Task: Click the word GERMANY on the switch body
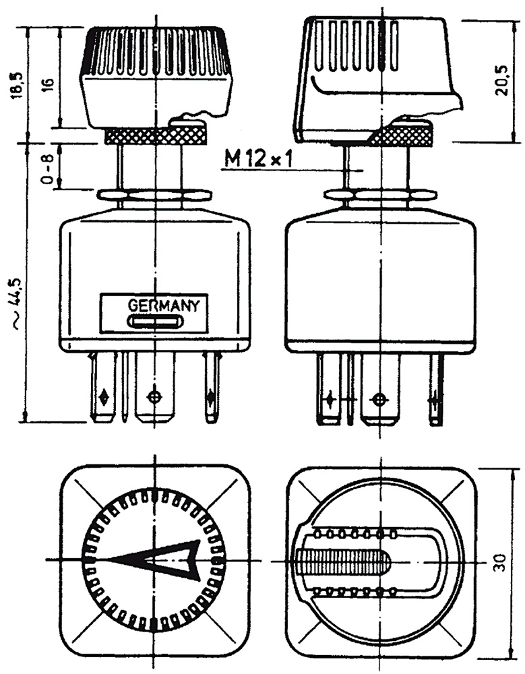164,305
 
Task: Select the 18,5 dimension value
18,84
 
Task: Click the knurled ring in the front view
154,136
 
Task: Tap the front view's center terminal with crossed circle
155,396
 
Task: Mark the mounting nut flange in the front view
154,195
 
